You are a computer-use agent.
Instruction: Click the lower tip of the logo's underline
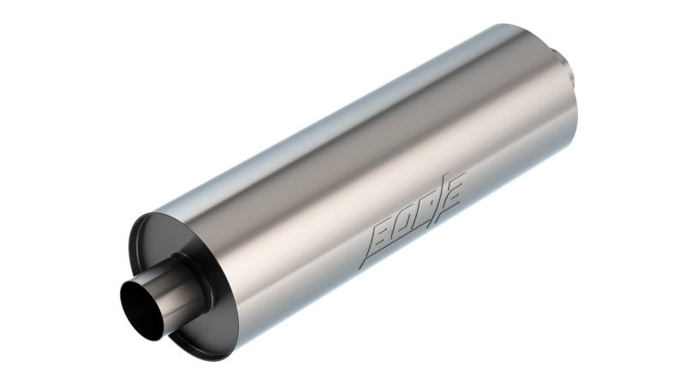click(362, 269)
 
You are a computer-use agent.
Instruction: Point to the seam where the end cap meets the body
click(205, 222)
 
